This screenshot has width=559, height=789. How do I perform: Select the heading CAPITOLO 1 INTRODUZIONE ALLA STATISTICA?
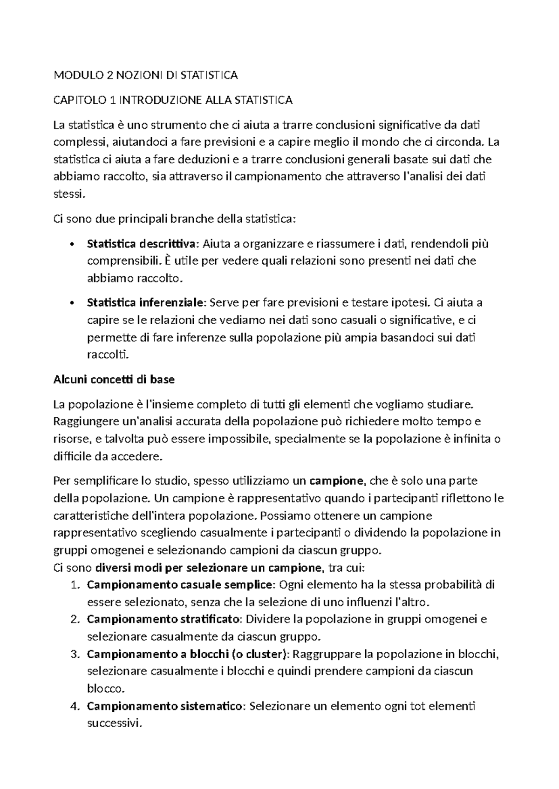coord(173,100)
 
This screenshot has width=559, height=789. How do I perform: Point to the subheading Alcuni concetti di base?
coord(114,380)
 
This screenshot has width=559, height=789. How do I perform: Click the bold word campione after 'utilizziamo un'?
coord(336,481)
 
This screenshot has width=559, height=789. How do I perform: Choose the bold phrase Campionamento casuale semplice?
coord(181,585)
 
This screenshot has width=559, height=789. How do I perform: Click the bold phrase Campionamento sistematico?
coord(164,707)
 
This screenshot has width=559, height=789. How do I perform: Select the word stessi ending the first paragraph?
coord(69,194)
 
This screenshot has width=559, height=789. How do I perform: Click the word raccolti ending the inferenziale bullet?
coord(106,355)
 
